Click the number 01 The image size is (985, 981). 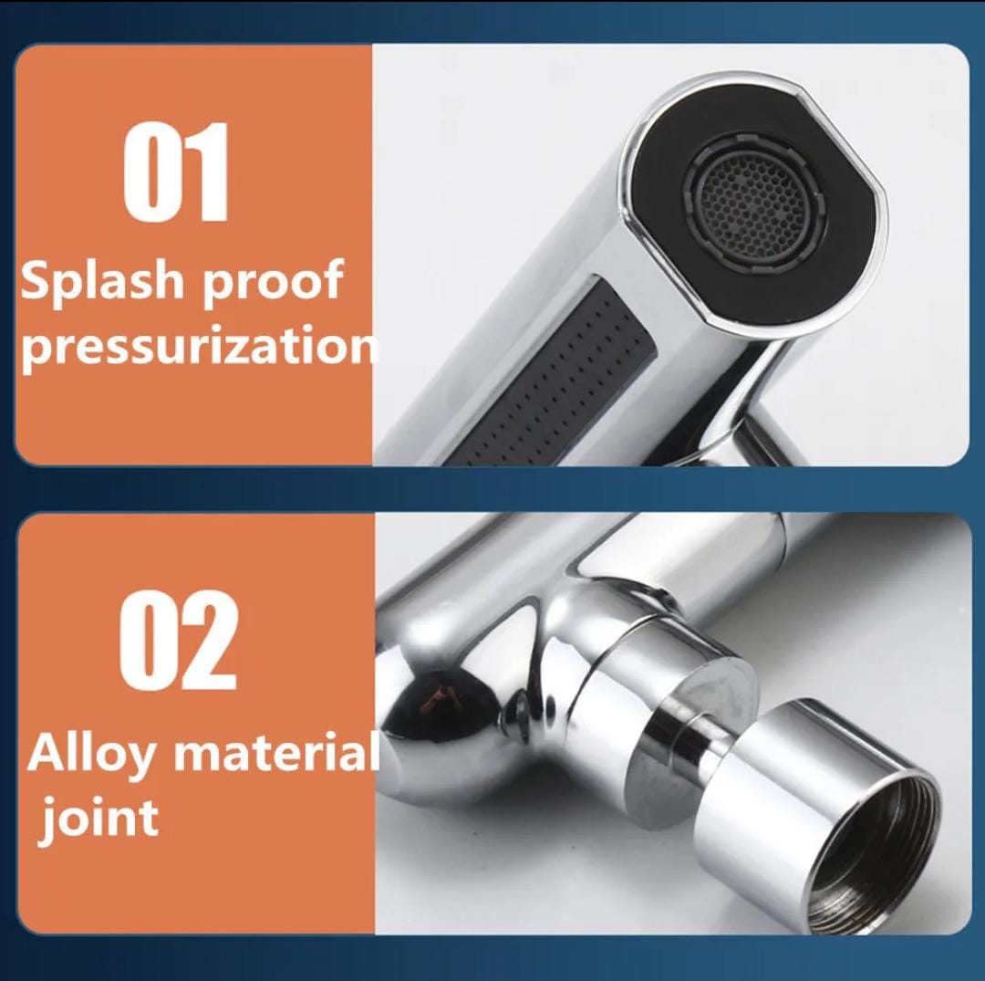(x=175, y=171)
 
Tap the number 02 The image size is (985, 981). (x=179, y=640)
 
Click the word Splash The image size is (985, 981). (x=101, y=281)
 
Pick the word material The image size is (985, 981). (x=276, y=752)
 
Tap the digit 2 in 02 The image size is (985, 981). (x=208, y=640)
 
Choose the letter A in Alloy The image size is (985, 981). (x=46, y=752)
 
